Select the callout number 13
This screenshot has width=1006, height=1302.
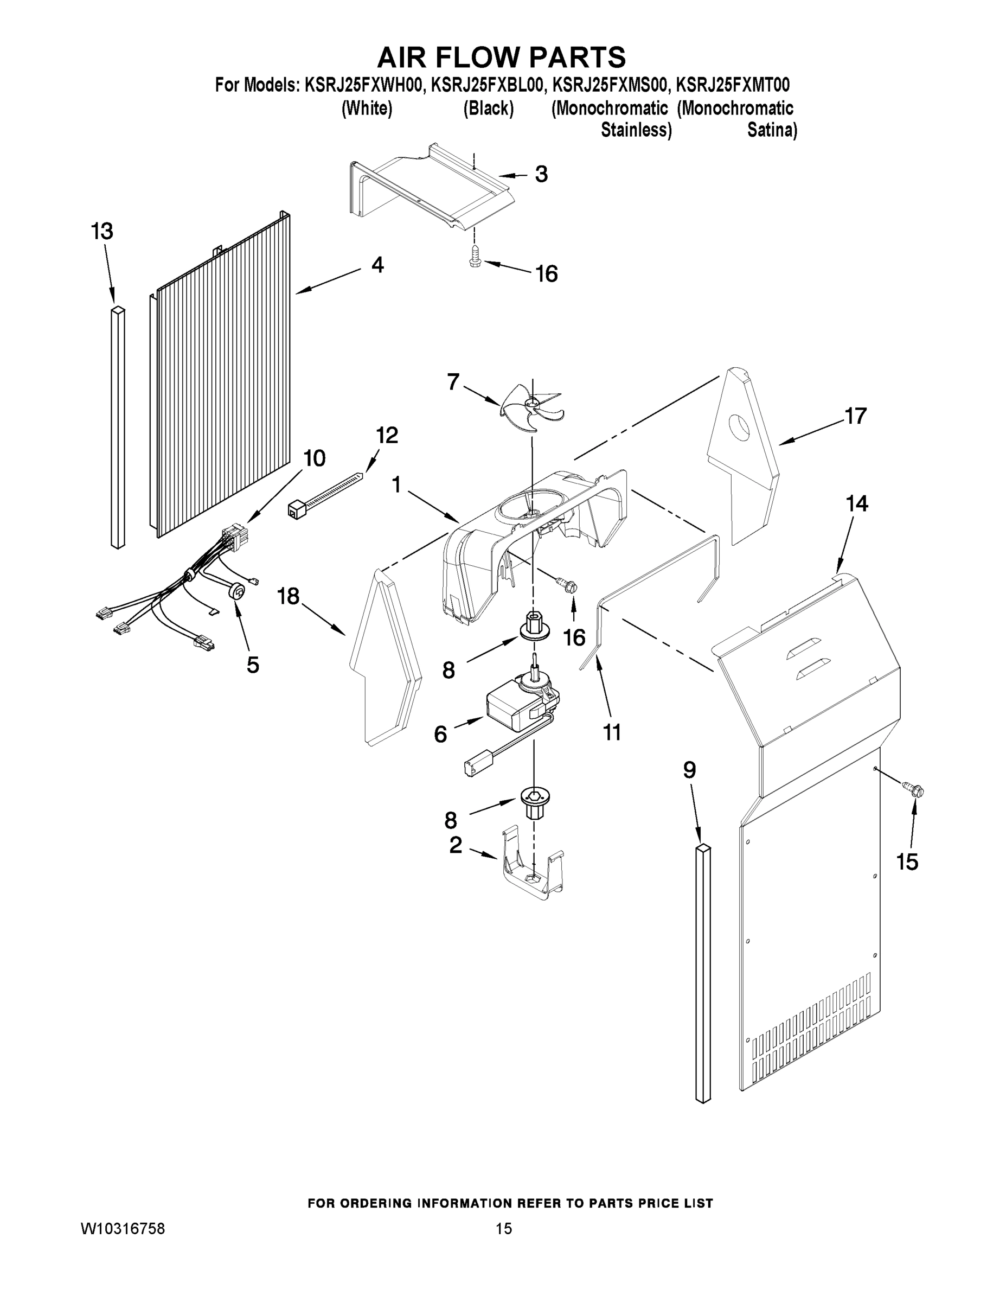(x=102, y=231)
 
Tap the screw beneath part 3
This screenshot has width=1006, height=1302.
(x=476, y=258)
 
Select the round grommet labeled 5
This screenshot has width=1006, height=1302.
(x=237, y=591)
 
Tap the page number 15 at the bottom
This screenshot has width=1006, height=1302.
(x=504, y=1229)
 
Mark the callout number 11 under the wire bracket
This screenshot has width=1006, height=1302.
(x=612, y=732)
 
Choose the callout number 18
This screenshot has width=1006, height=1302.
(x=289, y=596)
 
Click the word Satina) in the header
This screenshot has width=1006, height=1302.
(x=772, y=130)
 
